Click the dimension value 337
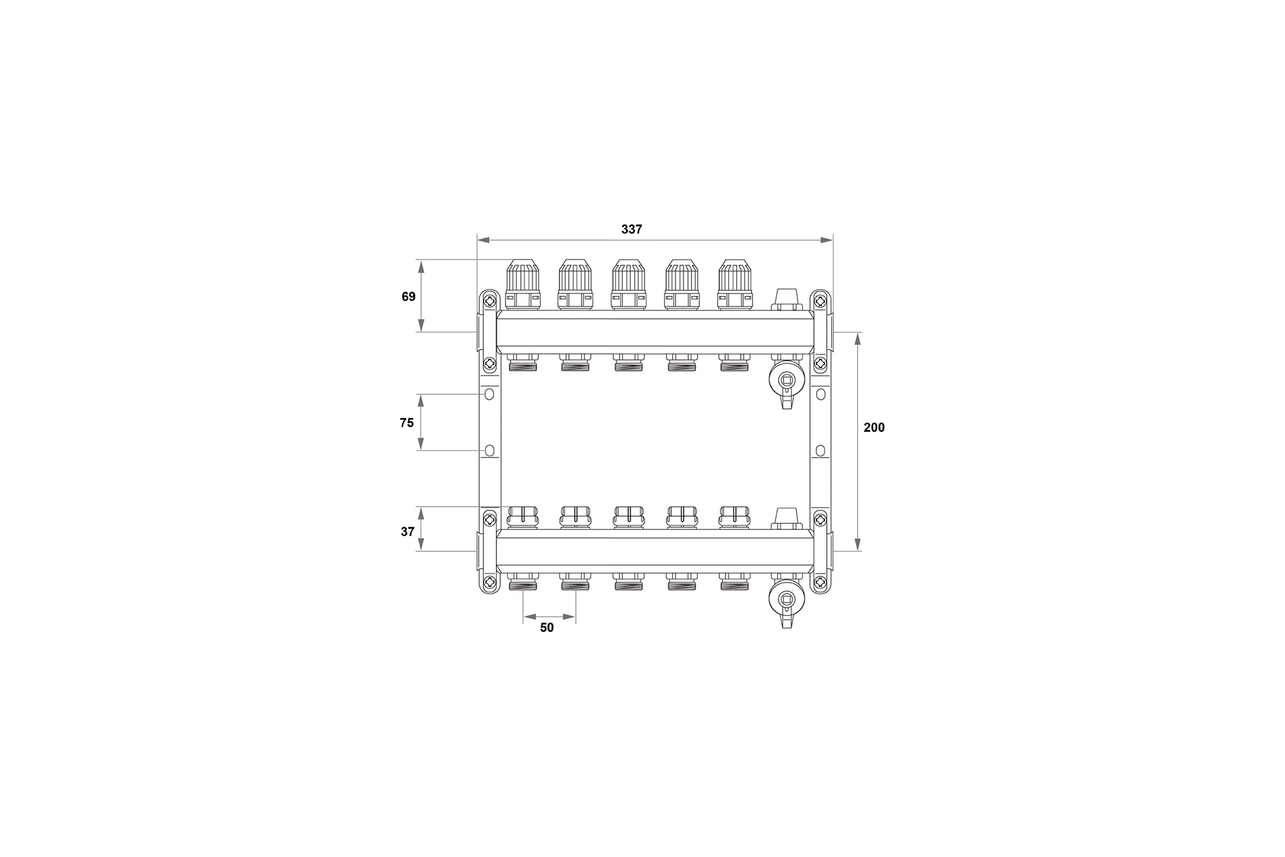click(x=632, y=230)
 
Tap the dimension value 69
click(x=409, y=297)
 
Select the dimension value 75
click(x=407, y=423)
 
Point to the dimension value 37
click(x=407, y=531)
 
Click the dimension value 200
click(x=874, y=427)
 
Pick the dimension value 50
click(x=547, y=627)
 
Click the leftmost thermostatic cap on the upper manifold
click(x=523, y=284)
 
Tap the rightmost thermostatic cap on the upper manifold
click(x=735, y=284)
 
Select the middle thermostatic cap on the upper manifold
click(x=629, y=284)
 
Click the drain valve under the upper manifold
click(x=786, y=382)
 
